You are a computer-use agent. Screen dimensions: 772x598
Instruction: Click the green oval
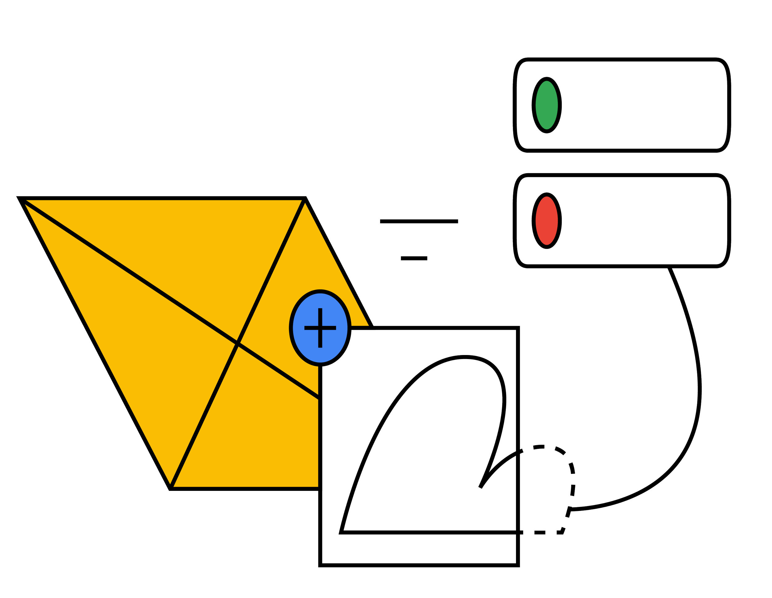(x=547, y=105)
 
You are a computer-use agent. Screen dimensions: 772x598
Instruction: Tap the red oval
(x=547, y=220)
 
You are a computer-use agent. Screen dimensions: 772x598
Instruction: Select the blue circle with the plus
(x=320, y=328)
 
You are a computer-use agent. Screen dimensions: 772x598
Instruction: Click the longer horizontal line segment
(x=419, y=221)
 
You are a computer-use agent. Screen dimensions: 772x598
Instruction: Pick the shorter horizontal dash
(x=414, y=258)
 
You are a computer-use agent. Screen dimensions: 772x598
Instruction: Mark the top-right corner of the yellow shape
(x=305, y=198)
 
